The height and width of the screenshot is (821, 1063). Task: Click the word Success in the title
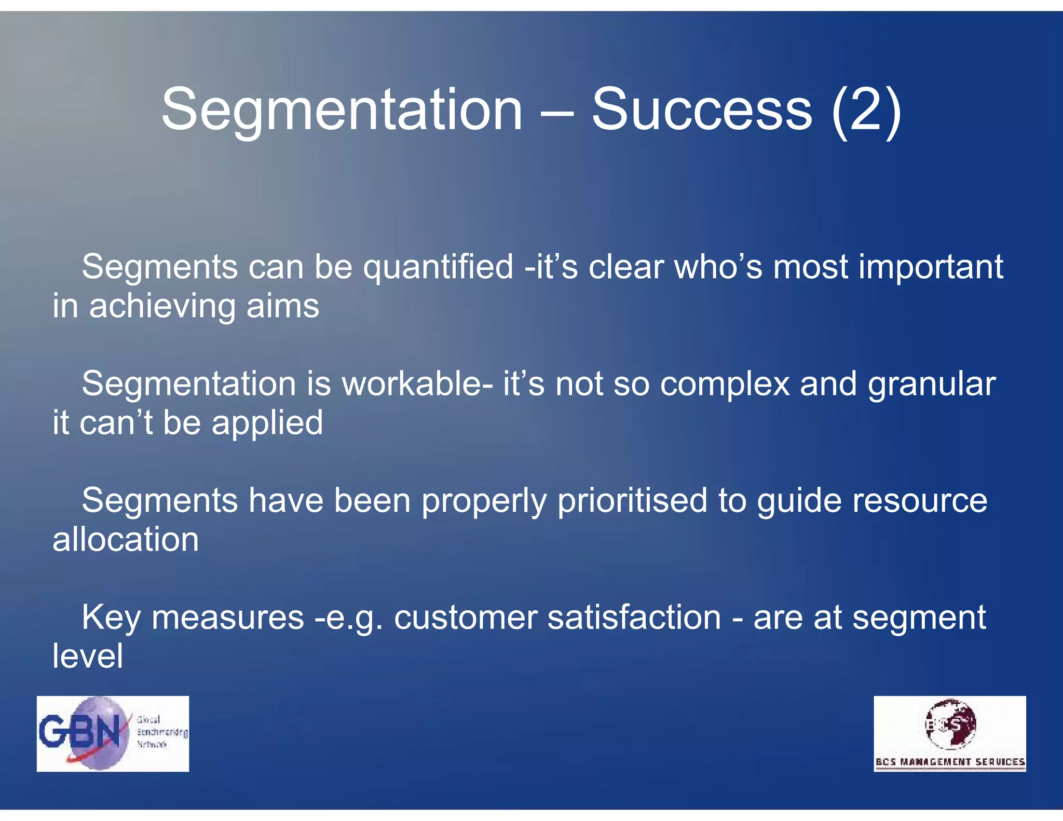[x=702, y=110]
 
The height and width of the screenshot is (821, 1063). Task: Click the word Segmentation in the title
[x=342, y=110]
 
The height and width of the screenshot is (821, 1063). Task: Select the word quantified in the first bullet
[x=438, y=268]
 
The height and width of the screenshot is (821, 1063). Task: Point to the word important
[x=931, y=268]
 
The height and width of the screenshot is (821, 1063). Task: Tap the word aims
[x=283, y=306]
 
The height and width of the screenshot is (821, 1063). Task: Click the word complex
[x=725, y=385]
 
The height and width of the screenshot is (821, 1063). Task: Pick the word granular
[x=932, y=385]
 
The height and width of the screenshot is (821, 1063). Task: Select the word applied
[x=267, y=423]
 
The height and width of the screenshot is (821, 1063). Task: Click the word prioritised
[x=632, y=501]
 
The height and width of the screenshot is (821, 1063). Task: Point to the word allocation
[x=126, y=540]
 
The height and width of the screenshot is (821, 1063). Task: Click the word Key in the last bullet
[x=111, y=618]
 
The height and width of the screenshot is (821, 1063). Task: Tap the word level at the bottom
[x=88, y=656]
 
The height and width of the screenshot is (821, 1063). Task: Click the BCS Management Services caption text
[x=950, y=762]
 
